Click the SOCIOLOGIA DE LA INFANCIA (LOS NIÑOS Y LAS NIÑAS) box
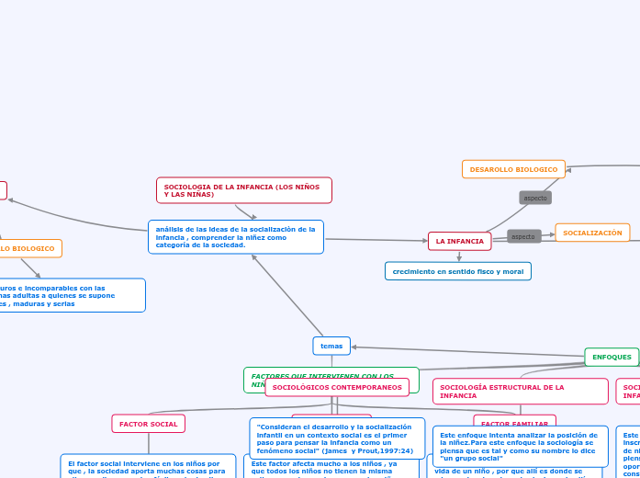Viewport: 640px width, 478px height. [x=243, y=190]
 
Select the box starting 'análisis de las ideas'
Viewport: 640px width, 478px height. [x=235, y=237]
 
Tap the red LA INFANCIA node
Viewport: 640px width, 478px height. [x=459, y=241]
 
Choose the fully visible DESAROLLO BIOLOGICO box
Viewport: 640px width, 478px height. [x=513, y=169]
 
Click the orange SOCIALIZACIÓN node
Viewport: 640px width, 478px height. [x=592, y=233]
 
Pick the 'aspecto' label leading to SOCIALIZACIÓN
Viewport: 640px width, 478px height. [x=523, y=236]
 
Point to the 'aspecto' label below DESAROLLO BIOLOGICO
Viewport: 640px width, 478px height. [x=535, y=198]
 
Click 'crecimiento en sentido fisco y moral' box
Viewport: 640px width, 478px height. [x=457, y=271]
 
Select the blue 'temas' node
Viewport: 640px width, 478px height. [x=331, y=346]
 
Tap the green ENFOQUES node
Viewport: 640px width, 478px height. [x=612, y=357]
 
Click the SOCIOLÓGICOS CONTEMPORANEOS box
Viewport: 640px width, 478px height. [x=337, y=388]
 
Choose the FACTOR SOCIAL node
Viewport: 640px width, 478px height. [x=148, y=424]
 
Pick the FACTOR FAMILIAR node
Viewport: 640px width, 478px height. [x=514, y=423]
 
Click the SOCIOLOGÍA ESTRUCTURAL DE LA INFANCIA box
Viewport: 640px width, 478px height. [x=520, y=392]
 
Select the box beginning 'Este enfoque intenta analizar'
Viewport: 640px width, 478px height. [x=520, y=445]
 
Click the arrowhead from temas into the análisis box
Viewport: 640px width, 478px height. [x=254, y=256]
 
